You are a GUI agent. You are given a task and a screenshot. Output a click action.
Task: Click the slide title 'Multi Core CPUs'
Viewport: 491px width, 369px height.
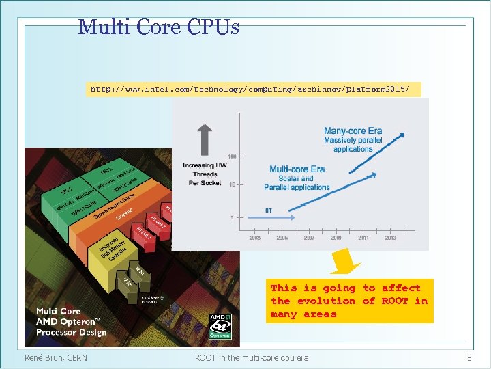tap(158, 27)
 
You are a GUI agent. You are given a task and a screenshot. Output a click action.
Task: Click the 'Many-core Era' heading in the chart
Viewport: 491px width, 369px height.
tap(353, 131)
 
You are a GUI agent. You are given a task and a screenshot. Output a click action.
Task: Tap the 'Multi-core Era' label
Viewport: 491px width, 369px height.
tap(297, 169)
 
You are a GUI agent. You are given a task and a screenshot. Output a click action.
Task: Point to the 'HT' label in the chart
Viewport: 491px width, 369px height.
tap(269, 210)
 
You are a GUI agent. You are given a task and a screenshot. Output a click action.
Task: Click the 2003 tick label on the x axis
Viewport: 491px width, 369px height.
tap(254, 238)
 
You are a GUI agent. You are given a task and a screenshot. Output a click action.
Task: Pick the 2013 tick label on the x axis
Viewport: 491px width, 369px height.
tap(390, 238)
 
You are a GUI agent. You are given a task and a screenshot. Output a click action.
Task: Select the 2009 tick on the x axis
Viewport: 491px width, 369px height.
tap(336, 238)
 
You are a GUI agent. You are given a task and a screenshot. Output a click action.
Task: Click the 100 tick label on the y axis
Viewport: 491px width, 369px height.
tap(233, 157)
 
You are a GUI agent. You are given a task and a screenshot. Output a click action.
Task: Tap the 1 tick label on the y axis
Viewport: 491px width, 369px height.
tap(232, 217)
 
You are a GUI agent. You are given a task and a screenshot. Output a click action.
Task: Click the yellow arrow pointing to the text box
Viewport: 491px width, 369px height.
tap(346, 262)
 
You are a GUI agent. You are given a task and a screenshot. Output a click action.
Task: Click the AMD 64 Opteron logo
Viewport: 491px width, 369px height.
tap(220, 326)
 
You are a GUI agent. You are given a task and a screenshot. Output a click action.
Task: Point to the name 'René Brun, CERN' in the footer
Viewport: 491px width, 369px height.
tap(56, 357)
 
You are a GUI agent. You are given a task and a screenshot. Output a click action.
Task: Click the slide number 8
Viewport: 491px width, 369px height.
tap(469, 357)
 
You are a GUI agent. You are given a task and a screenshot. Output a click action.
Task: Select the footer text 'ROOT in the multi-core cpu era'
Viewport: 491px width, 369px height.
tap(252, 357)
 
